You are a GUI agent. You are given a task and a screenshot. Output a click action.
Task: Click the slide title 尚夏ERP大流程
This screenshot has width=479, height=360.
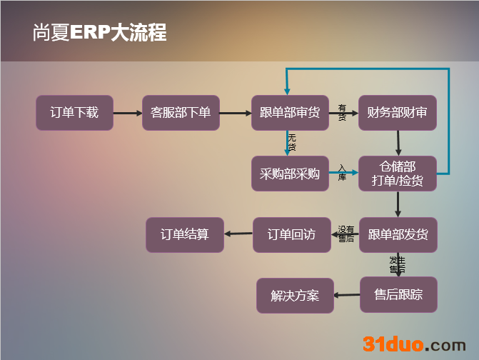pyautogui.click(x=99, y=33)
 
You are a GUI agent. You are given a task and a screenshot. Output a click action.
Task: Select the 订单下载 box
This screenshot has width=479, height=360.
pyautogui.click(x=74, y=113)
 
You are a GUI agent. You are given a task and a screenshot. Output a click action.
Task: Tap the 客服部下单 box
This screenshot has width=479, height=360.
pyautogui.click(x=181, y=113)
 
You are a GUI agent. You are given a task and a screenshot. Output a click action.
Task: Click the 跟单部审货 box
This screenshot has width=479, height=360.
pyautogui.click(x=290, y=113)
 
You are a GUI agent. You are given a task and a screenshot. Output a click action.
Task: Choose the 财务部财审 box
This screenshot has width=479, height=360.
pyautogui.click(x=397, y=113)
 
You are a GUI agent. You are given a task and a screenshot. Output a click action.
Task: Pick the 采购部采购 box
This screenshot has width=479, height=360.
pyautogui.click(x=290, y=173)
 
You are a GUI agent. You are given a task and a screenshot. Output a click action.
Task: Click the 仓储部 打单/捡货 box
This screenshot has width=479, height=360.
pyautogui.click(x=397, y=174)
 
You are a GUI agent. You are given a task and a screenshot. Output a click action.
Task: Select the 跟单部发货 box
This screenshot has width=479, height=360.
pyautogui.click(x=398, y=235)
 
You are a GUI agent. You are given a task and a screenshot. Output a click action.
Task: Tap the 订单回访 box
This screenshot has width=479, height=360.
pyautogui.click(x=291, y=235)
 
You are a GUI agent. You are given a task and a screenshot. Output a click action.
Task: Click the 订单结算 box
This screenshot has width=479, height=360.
pyautogui.click(x=184, y=235)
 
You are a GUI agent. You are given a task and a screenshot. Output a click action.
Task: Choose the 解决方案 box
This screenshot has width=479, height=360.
pyautogui.click(x=295, y=296)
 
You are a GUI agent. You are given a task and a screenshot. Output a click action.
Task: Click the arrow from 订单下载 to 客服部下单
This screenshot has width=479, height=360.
pyautogui.click(x=128, y=113)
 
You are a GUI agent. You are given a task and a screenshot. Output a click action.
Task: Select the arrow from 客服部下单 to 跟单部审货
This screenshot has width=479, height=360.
pyautogui.click(x=235, y=113)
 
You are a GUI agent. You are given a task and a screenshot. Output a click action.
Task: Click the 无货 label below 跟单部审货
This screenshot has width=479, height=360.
pyautogui.click(x=291, y=142)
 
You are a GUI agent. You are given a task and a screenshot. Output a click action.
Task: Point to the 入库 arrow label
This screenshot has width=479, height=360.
pyautogui.click(x=342, y=172)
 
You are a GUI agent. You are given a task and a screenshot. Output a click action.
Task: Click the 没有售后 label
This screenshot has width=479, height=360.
pyautogui.click(x=346, y=234)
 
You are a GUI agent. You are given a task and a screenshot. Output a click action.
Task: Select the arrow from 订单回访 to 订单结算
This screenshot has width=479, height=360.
pyautogui.click(x=238, y=234)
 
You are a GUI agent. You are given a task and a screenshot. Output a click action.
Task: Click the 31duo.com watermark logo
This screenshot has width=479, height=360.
pyautogui.click(x=413, y=344)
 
